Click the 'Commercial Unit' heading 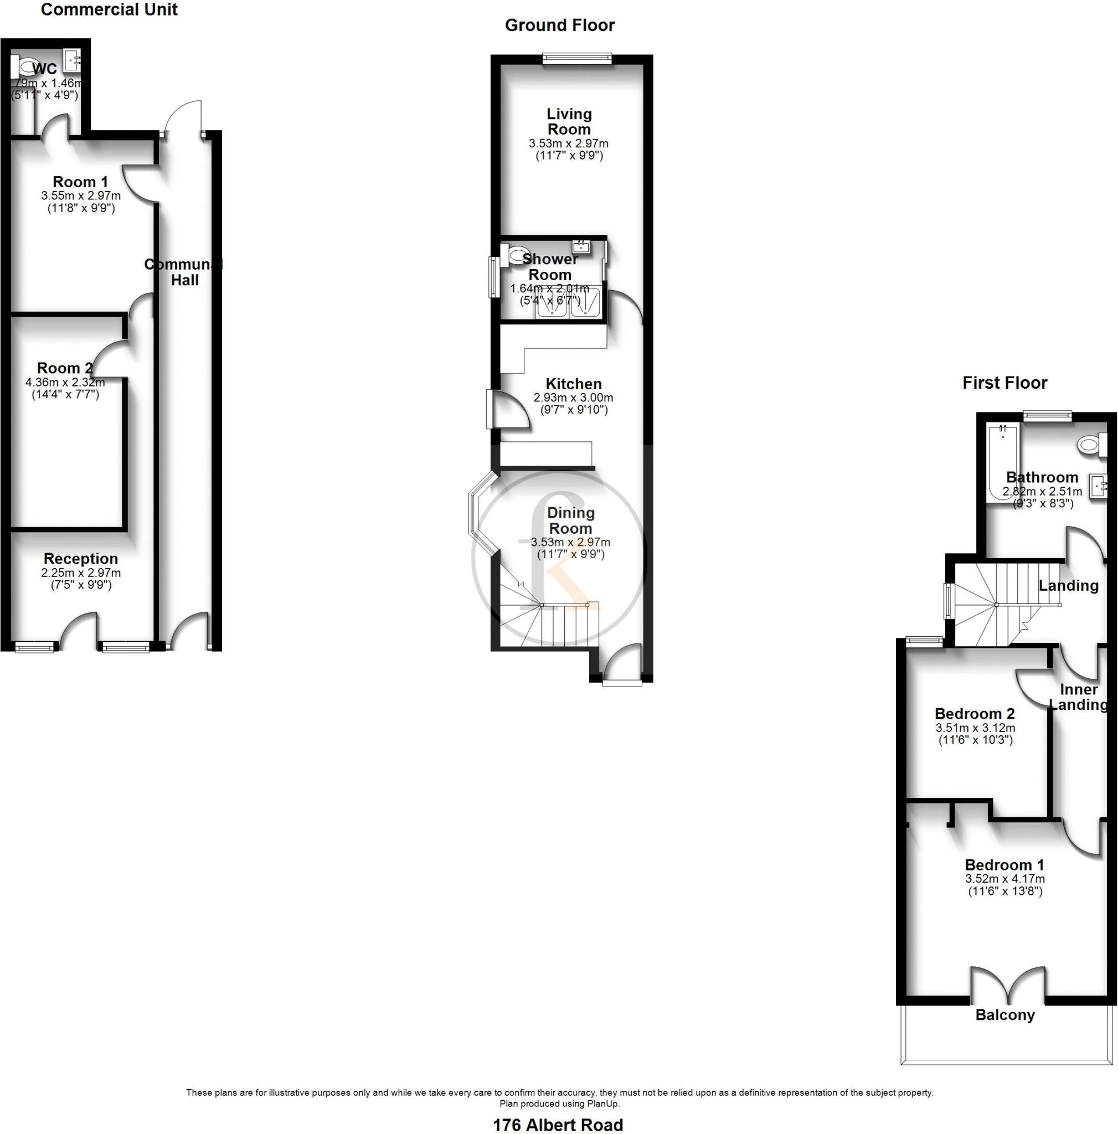click(x=109, y=9)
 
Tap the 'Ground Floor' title click(x=559, y=25)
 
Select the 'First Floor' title click(x=1004, y=383)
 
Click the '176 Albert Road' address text click(x=558, y=1124)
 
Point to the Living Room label click(x=569, y=121)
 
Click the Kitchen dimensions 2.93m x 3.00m click(x=573, y=398)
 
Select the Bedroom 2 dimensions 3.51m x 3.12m click(x=975, y=728)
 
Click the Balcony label click(x=1004, y=1015)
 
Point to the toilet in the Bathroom click(x=1090, y=444)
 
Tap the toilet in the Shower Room click(x=516, y=255)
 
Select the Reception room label click(x=81, y=558)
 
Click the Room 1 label click(x=80, y=182)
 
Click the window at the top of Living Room click(x=577, y=58)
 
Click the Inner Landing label click(x=1079, y=697)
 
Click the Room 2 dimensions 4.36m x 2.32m click(x=65, y=382)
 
